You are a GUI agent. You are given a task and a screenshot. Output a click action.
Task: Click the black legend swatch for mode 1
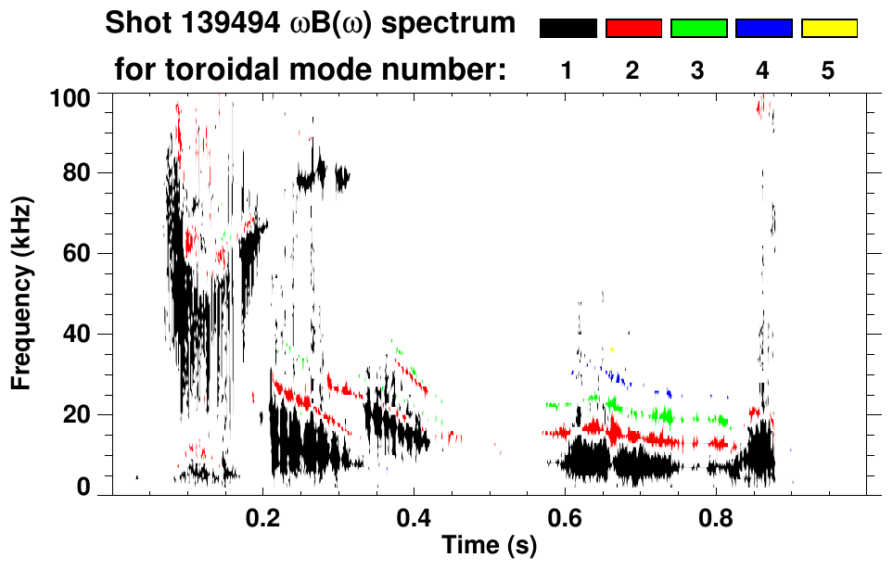568,29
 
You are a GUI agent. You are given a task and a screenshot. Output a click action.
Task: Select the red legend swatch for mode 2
633,29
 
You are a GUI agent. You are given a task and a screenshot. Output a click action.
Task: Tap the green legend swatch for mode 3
698,29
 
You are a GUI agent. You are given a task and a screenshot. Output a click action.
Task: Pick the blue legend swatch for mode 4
763,29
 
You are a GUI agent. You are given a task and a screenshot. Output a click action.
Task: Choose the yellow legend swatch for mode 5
828,29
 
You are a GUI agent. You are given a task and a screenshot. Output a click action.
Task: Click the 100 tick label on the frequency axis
70,97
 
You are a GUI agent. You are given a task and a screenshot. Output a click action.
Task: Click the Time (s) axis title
489,546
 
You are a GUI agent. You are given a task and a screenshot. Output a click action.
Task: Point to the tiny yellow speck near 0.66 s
612,349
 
